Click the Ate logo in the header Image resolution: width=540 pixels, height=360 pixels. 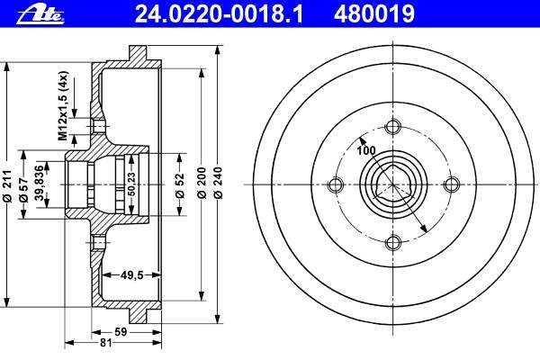point(40,15)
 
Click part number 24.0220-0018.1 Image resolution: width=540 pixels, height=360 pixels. point(219,14)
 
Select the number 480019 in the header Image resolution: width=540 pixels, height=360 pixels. point(374,14)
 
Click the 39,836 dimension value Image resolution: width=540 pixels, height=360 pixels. point(40,184)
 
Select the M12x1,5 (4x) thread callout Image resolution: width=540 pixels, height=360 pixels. point(63,106)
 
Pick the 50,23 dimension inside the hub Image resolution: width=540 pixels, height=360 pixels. point(131,184)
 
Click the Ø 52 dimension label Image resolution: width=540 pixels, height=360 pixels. point(180,185)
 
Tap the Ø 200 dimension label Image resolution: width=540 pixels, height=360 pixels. point(202,183)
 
